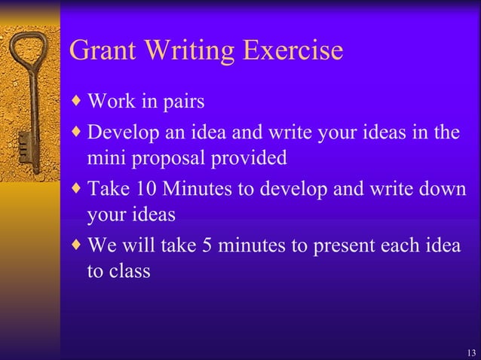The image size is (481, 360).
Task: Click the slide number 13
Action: (x=471, y=353)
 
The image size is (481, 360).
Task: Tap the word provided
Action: (x=254, y=159)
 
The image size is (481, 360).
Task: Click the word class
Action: (x=131, y=271)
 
